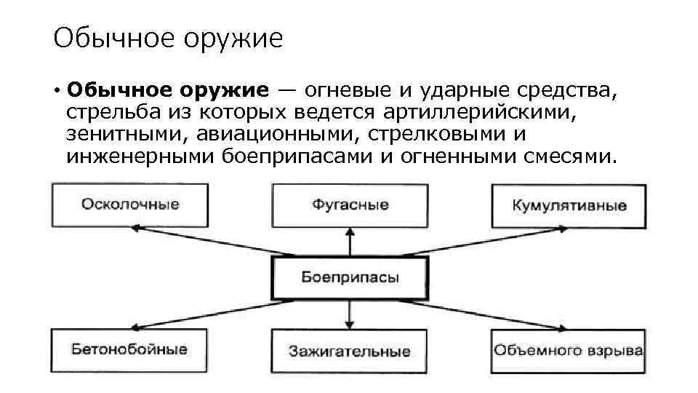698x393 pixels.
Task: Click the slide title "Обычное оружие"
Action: click(167, 38)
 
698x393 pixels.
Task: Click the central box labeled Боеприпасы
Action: click(350, 277)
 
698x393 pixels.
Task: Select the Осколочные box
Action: click(130, 205)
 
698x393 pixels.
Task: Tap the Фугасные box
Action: click(350, 205)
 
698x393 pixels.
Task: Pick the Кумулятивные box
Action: click(569, 205)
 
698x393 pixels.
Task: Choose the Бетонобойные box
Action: click(129, 349)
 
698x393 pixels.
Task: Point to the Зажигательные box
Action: click(349, 351)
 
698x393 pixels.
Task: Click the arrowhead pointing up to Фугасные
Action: click(350, 232)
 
